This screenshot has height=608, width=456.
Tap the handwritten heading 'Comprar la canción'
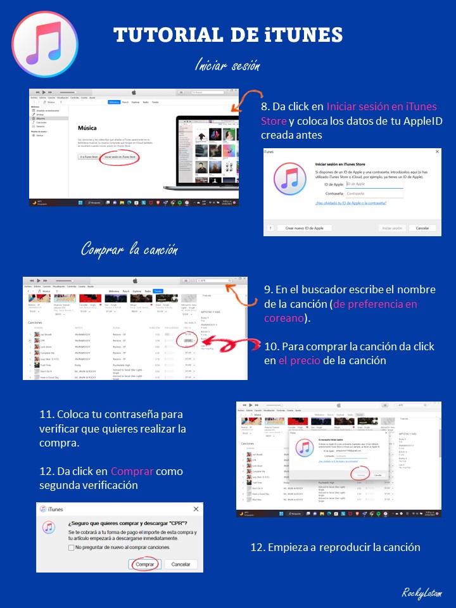pyautogui.click(x=129, y=250)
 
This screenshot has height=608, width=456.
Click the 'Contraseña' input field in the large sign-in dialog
pyautogui.click(x=374, y=193)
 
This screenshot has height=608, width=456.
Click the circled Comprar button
pyautogui.click(x=145, y=564)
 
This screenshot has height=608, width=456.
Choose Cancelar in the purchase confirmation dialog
pyautogui.click(x=180, y=564)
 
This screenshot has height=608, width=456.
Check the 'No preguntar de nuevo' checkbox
pyautogui.click(x=71, y=547)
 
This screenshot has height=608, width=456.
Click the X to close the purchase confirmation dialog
pyautogui.click(x=196, y=509)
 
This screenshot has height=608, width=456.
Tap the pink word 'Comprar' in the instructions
pyautogui.click(x=132, y=471)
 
